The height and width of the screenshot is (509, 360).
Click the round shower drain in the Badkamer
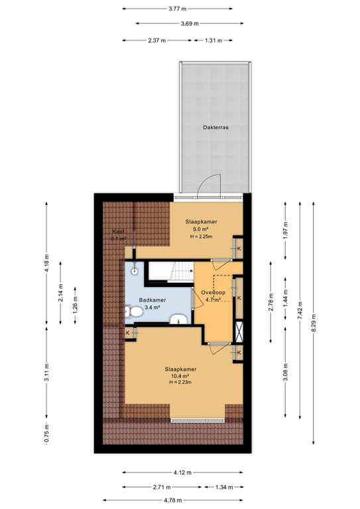tap(135, 270)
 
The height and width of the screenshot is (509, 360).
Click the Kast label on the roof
tap(120, 231)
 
